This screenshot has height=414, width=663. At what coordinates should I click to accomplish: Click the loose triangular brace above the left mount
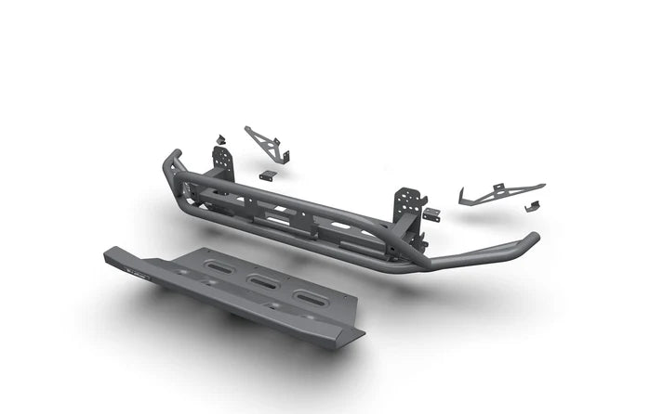(x=264, y=144)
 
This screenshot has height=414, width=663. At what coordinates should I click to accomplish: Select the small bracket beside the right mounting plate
(x=431, y=213)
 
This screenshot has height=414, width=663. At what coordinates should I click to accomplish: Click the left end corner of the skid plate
(x=107, y=253)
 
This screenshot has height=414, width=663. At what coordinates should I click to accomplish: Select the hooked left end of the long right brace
(x=463, y=197)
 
